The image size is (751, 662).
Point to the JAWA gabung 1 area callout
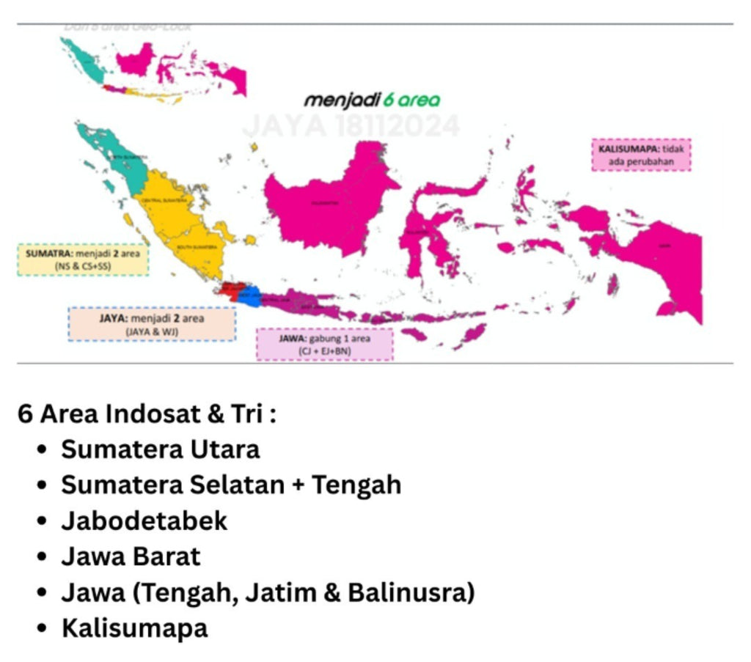click(x=325, y=344)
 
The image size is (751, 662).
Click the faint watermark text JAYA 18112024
click(x=351, y=126)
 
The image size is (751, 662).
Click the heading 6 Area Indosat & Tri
click(x=147, y=414)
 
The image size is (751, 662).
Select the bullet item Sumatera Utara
click(x=160, y=449)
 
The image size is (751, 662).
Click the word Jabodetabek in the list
click(x=144, y=521)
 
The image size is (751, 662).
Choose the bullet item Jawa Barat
click(x=131, y=556)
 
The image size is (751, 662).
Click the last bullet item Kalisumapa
click(x=134, y=628)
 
